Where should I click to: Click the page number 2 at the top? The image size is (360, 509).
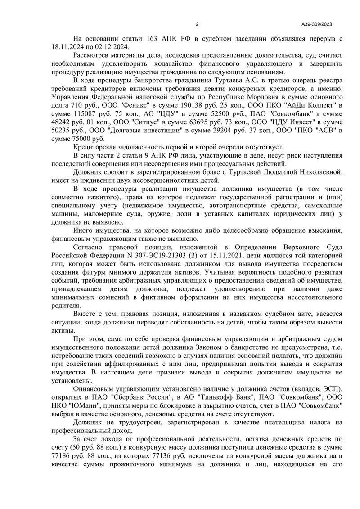(x=197, y=24)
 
